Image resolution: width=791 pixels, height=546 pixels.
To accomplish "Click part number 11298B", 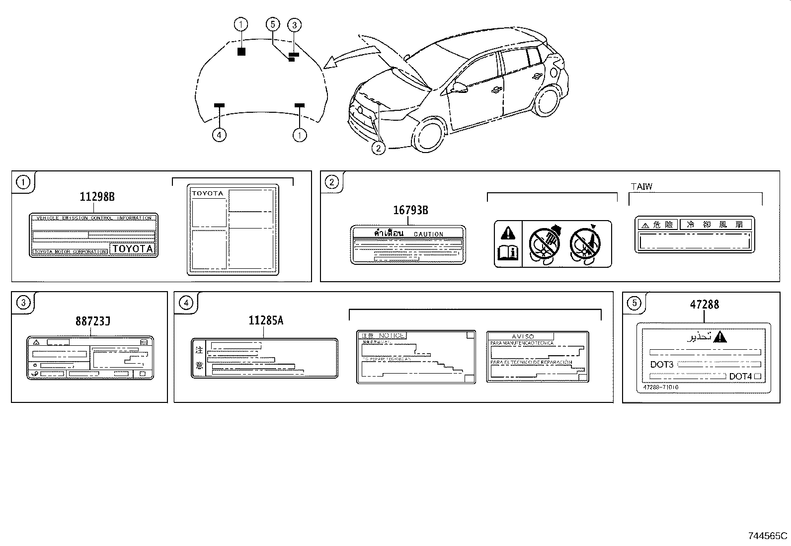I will [97, 197].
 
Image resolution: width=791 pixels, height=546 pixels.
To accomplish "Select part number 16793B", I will [410, 210].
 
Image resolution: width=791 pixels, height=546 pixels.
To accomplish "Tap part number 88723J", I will [93, 321].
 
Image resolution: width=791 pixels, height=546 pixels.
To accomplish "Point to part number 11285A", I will [266, 321].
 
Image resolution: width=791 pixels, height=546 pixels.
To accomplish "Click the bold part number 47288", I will [704, 304].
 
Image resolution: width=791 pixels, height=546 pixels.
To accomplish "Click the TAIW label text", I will [641, 187].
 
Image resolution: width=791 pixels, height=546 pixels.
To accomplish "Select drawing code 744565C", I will [768, 536].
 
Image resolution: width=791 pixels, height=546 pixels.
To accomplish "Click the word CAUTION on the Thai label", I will [428, 234].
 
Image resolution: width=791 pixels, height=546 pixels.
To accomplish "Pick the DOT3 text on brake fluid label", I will [661, 365].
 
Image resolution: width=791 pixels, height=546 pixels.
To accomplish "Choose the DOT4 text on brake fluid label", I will [740, 377].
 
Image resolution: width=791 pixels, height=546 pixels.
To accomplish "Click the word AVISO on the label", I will [523, 336].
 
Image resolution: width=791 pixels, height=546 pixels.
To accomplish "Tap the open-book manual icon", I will [508, 253].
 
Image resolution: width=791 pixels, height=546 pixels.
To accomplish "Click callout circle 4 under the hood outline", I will [219, 135].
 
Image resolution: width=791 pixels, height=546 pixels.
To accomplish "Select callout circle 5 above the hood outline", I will [272, 24].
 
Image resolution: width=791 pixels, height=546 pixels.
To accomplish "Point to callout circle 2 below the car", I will [378, 148].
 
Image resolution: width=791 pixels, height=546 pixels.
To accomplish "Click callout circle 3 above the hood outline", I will [294, 24].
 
